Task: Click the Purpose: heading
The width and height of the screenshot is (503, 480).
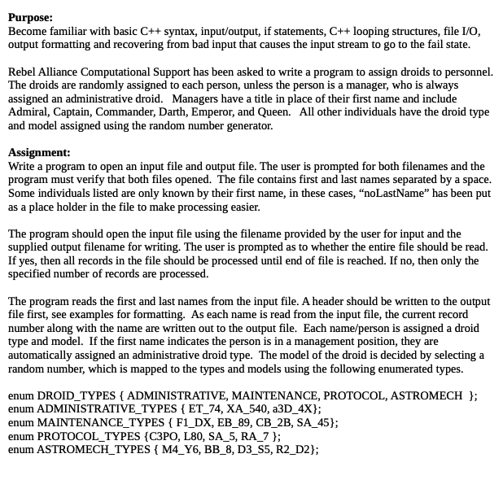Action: [x=31, y=17]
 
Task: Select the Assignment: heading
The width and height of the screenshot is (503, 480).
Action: [x=39, y=152]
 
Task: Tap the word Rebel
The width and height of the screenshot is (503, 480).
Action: [x=24, y=72]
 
